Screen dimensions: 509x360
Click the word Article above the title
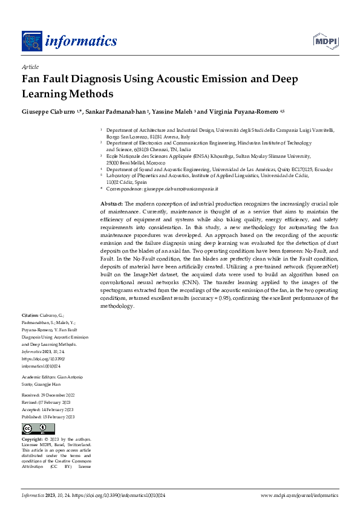(x=30, y=67)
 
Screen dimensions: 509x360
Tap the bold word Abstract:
(x=111, y=204)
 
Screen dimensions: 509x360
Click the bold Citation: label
(x=30, y=316)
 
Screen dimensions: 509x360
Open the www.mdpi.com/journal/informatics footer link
(x=299, y=495)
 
